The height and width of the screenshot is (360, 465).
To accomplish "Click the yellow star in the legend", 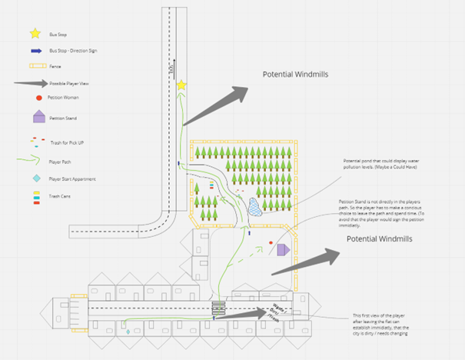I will click(x=35, y=34).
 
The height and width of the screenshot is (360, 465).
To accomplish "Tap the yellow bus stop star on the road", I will click(x=181, y=85).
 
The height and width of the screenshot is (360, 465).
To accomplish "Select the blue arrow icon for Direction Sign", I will click(x=35, y=51).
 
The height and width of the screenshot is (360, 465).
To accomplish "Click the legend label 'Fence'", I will click(x=55, y=68).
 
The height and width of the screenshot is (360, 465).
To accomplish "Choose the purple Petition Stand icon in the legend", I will click(x=38, y=117).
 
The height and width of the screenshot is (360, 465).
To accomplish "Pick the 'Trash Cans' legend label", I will click(x=59, y=198).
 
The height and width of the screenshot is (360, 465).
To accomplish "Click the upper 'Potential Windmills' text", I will click(x=295, y=75).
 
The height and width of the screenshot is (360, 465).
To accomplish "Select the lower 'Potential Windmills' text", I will click(x=379, y=239).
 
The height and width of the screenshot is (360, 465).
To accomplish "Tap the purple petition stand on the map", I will click(x=282, y=249).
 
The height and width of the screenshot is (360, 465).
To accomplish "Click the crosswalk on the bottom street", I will click(x=219, y=308).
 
